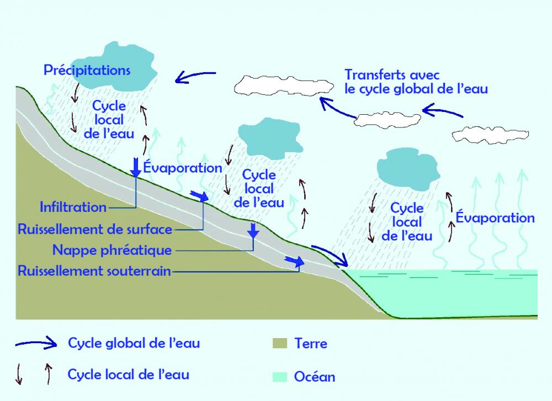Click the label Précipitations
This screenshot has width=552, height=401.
[87, 71]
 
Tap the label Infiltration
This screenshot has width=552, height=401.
[73, 207]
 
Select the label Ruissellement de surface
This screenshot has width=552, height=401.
[95, 228]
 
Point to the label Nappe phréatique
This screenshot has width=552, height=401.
[112, 250]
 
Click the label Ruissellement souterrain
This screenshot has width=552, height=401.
[94, 271]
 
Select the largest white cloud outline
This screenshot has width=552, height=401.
[284, 84]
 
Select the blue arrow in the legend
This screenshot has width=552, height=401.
[36, 343]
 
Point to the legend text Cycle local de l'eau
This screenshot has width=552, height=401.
[129, 375]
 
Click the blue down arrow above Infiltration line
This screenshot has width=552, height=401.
[136, 165]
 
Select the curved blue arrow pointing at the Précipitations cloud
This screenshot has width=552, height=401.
[196, 76]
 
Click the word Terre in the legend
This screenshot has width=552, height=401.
[311, 344]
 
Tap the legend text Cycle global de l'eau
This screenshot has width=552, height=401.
[134, 343]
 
